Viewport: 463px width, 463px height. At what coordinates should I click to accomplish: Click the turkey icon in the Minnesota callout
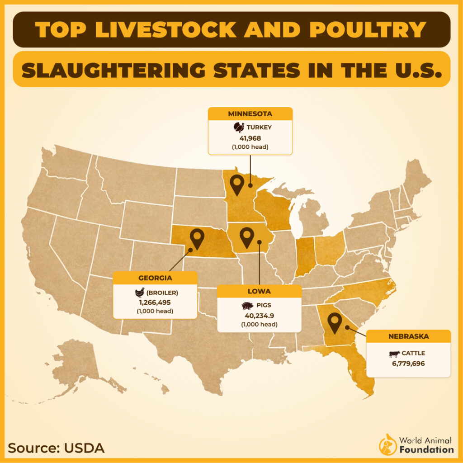click(x=238, y=128)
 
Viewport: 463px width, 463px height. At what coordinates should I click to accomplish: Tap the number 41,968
click(x=250, y=138)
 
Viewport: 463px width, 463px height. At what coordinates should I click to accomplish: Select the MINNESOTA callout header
click(x=250, y=113)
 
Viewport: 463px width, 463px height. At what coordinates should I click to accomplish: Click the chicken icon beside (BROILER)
click(x=140, y=292)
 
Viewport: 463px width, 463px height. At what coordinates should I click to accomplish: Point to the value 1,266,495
click(x=155, y=302)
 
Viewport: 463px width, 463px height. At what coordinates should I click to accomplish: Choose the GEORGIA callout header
click(x=155, y=278)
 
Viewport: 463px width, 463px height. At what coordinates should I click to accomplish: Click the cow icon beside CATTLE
click(x=395, y=354)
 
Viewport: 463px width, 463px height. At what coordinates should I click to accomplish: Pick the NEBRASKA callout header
click(x=408, y=336)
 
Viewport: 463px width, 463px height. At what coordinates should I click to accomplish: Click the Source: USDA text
click(x=57, y=448)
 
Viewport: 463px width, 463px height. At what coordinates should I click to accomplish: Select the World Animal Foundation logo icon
click(x=387, y=444)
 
